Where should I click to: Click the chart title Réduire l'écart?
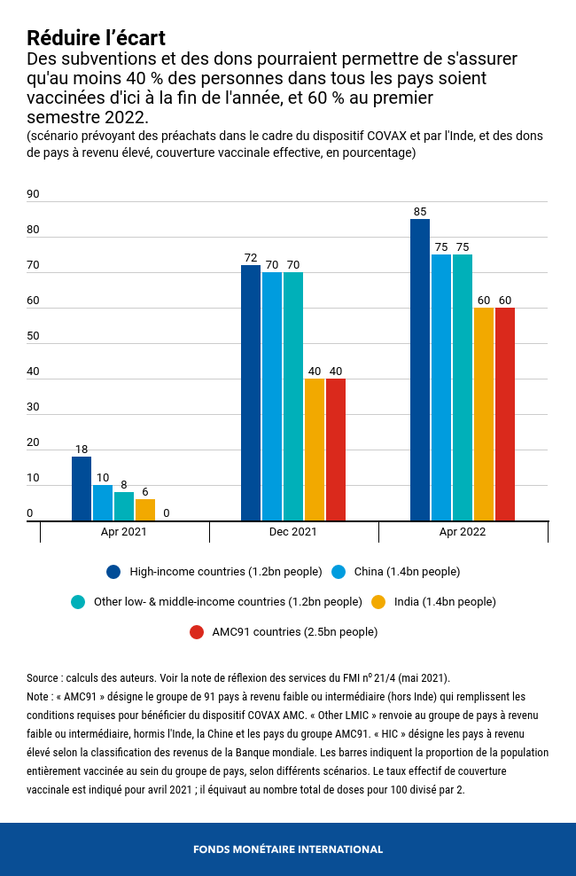pyautogui.click(x=96, y=38)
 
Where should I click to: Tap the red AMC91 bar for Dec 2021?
pyautogui.click(x=336, y=450)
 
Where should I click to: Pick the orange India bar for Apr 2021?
pyautogui.click(x=145, y=510)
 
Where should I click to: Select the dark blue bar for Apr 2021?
pyautogui.click(x=82, y=489)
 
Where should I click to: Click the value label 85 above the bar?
pyautogui.click(x=420, y=212)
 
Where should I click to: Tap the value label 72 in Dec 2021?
pyautogui.click(x=251, y=258)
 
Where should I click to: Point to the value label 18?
pyautogui.click(x=82, y=450)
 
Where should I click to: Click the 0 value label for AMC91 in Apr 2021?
pyautogui.click(x=167, y=513)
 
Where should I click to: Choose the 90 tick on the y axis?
pyautogui.click(x=34, y=194)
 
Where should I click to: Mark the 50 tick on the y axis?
pyautogui.click(x=34, y=336)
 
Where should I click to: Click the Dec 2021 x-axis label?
pyautogui.click(x=293, y=532)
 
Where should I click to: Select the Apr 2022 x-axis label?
pyautogui.click(x=463, y=532)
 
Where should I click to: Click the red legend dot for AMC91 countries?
pyautogui.click(x=198, y=632)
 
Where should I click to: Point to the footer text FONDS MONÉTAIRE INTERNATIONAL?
pyautogui.click(x=288, y=849)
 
